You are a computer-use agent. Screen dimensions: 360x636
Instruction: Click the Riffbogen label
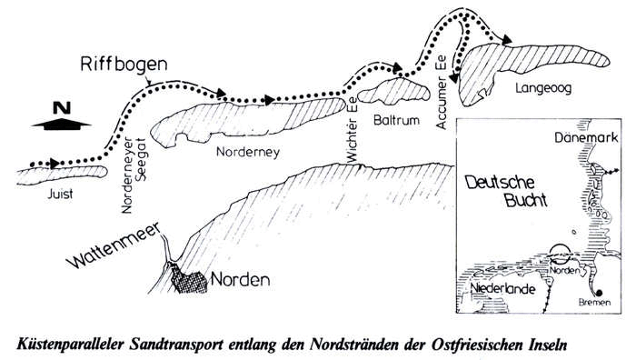coord(123,65)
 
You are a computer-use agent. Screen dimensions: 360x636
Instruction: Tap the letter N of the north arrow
coord(61,108)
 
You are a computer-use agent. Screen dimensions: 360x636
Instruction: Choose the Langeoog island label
coord(538,88)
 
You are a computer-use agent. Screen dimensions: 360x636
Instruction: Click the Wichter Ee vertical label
coord(352,132)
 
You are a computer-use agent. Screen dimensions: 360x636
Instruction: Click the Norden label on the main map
coord(240,279)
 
